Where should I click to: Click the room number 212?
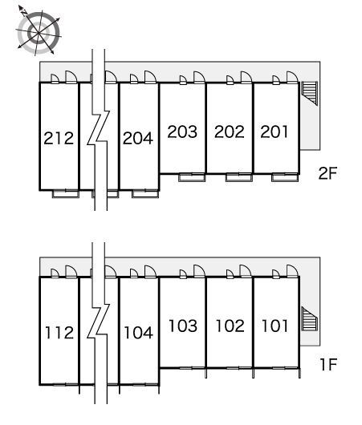59,138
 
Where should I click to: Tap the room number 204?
138,138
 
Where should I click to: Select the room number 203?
182,132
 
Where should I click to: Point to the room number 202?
230,132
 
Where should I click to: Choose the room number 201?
274,132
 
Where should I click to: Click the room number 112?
59,332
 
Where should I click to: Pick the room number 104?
138,332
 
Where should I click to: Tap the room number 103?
183,326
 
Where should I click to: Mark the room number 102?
230,326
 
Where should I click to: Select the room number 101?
275,326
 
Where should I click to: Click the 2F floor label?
327,173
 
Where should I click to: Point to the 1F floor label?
328,364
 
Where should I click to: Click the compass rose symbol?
39,33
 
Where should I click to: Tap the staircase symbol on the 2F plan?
309,93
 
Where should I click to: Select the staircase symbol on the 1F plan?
309,319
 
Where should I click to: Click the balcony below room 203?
192,177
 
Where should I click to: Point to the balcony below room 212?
65,194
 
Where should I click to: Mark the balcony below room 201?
285,177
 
